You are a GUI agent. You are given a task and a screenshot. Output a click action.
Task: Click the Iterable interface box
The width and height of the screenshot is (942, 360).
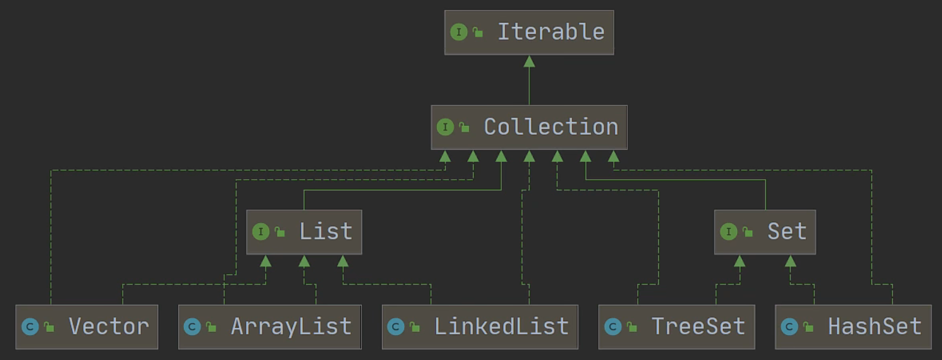pyautogui.click(x=529, y=32)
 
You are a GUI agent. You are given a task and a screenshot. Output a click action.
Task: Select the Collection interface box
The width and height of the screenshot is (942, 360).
pyautogui.click(x=529, y=127)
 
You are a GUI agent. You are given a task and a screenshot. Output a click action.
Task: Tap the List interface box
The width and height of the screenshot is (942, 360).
pyautogui.click(x=304, y=232)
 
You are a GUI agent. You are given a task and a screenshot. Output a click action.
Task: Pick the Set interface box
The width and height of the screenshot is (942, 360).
pyautogui.click(x=765, y=232)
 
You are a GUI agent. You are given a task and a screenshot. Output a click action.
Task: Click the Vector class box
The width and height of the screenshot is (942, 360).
pyautogui.click(x=87, y=327)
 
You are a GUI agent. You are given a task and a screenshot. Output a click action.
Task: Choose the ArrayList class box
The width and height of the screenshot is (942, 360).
pyautogui.click(x=270, y=327)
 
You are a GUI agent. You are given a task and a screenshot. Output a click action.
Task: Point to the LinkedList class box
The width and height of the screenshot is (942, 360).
pyautogui.click(x=480, y=327)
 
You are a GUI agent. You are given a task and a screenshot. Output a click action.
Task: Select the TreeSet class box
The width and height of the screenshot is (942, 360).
pyautogui.click(x=677, y=327)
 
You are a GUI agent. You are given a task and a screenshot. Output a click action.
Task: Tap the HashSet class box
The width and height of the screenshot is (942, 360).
pyautogui.click(x=853, y=327)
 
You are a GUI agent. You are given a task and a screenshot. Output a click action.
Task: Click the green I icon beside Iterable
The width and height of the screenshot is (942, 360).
pyautogui.click(x=459, y=32)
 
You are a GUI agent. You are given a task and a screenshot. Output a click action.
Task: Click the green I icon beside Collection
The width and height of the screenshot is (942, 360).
pyautogui.click(x=446, y=127)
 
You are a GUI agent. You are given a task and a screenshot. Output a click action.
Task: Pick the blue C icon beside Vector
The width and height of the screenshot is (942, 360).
pyautogui.click(x=30, y=327)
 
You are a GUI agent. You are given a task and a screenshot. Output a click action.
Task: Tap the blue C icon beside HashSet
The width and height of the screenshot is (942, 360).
pyautogui.click(x=789, y=327)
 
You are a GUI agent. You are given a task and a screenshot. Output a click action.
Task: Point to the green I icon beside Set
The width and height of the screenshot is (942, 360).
pyautogui.click(x=729, y=232)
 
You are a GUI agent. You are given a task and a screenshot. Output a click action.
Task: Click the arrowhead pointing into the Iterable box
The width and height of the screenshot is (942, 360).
pyautogui.click(x=529, y=62)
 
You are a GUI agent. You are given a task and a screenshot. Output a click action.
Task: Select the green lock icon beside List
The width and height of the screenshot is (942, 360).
pyautogui.click(x=280, y=231)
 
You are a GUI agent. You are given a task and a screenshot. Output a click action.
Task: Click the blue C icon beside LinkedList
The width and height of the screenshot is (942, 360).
pyautogui.click(x=396, y=327)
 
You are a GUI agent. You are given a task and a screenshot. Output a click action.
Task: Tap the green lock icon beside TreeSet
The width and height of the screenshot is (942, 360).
pyautogui.click(x=632, y=326)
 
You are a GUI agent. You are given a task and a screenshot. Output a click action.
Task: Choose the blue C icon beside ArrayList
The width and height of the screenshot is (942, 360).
pyautogui.click(x=192, y=327)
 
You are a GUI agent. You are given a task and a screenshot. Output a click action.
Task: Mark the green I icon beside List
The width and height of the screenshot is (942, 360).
pyautogui.click(x=261, y=232)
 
